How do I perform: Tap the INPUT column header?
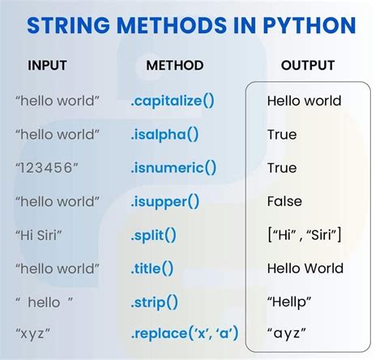click(48, 65)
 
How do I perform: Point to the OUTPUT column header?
click(308, 65)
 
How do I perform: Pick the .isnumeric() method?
click(173, 168)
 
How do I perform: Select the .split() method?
click(153, 234)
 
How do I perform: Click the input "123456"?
click(47, 168)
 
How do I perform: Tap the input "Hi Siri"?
click(41, 234)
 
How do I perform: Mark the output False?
click(284, 201)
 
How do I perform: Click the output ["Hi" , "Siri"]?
click(304, 234)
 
